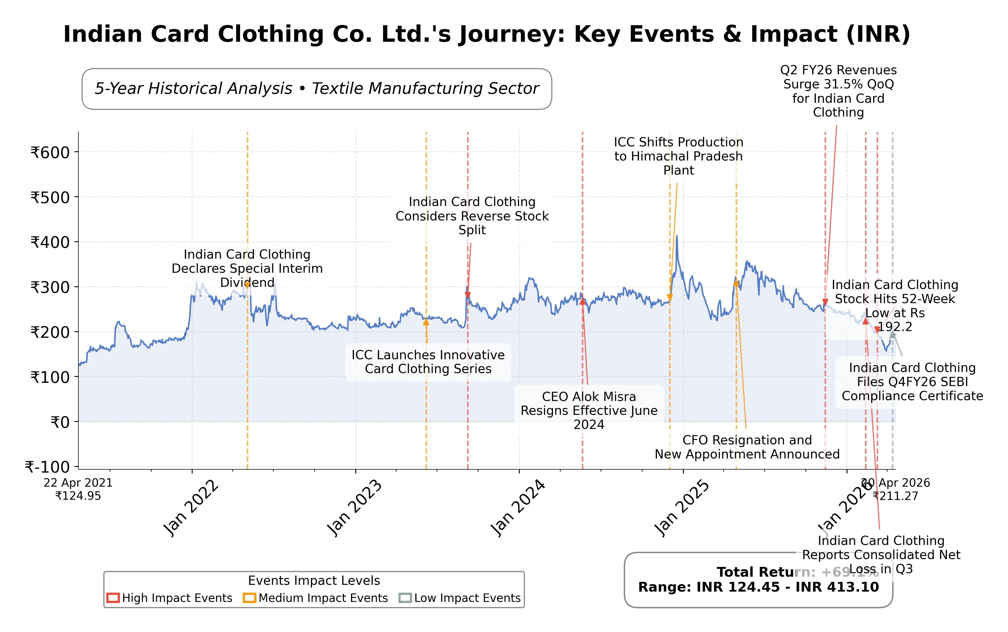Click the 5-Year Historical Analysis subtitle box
tap(317, 89)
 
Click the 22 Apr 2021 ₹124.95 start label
tap(78, 489)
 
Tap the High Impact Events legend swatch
tap(113, 598)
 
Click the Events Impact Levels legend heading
tap(314, 580)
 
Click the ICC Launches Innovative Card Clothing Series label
tap(428, 362)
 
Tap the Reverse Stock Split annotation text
tap(472, 216)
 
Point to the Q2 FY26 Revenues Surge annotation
tap(838, 91)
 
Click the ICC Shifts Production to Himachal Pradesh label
tap(678, 156)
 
